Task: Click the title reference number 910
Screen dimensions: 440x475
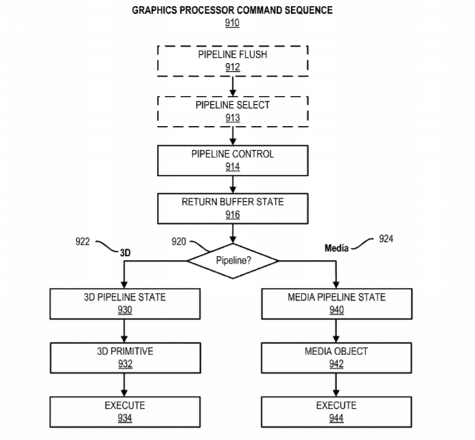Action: tap(232, 23)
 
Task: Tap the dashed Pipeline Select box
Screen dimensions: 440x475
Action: tap(232, 110)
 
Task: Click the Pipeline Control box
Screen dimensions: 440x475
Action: tap(232, 159)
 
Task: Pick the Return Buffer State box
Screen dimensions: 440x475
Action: tap(232, 207)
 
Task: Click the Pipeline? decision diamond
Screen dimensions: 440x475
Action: tap(232, 261)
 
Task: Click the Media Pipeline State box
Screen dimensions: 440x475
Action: tap(336, 304)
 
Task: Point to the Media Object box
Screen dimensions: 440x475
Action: tap(336, 357)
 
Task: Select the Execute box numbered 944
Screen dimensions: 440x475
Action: tap(336, 411)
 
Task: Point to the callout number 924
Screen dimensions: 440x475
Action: tap(386, 240)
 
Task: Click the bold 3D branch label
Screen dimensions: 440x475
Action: tap(125, 253)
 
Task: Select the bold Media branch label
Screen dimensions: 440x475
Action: tap(337, 248)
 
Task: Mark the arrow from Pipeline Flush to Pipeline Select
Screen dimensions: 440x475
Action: tap(232, 86)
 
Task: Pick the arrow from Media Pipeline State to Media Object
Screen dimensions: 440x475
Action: tap(336, 331)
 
